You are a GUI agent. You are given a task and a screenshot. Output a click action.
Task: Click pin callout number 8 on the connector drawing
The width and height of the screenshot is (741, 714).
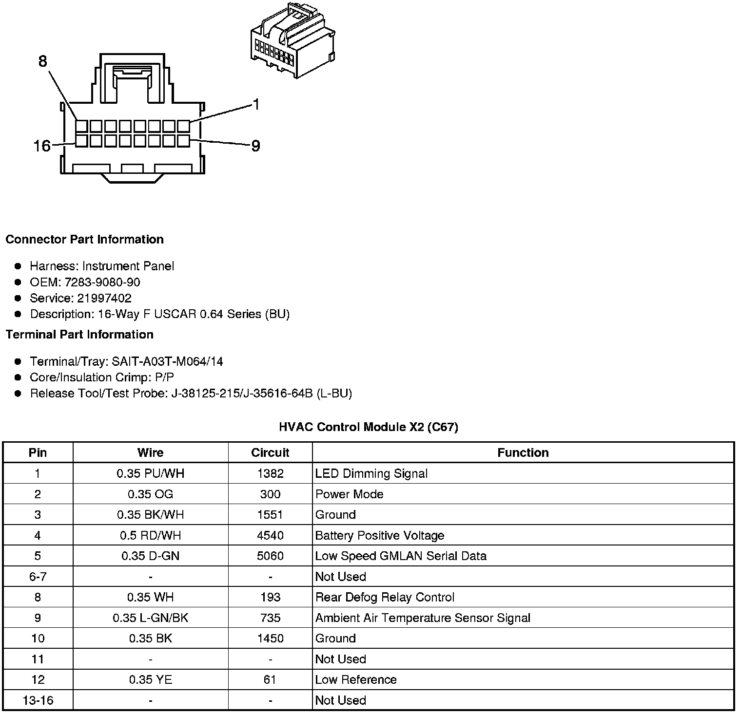tap(42, 61)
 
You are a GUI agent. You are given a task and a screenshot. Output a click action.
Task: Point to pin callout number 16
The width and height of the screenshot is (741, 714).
tap(42, 146)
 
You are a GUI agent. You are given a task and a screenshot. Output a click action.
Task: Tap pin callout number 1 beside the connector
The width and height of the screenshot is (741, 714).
tap(256, 105)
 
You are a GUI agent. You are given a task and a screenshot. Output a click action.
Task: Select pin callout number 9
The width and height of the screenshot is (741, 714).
tap(255, 146)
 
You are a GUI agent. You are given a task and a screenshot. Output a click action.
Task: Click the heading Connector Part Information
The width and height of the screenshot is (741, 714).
tap(84, 239)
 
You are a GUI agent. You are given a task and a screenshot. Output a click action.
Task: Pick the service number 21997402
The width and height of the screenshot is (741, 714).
tap(104, 298)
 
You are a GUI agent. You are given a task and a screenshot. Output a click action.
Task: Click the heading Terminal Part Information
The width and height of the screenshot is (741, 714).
tap(79, 335)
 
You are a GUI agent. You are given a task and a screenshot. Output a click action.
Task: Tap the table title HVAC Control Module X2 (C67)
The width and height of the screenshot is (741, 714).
tap(368, 427)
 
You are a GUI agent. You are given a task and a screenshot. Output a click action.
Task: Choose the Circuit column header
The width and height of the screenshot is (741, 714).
tap(270, 452)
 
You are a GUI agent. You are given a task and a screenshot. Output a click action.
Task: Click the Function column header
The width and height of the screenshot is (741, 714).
tap(523, 452)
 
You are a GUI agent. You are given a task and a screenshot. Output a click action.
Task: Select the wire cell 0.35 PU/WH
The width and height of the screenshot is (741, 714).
tap(150, 473)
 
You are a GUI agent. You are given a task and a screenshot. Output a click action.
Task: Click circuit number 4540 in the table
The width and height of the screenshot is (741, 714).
tap(270, 535)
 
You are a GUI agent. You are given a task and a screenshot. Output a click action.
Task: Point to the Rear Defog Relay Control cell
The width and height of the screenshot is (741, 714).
tap(385, 597)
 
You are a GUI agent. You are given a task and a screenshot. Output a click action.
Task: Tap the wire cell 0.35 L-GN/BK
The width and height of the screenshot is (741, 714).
tap(150, 618)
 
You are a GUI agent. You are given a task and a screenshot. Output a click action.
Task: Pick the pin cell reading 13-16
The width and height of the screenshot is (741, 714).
tap(38, 700)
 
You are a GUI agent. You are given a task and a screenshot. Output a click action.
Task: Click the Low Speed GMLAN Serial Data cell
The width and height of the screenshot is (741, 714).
tap(401, 556)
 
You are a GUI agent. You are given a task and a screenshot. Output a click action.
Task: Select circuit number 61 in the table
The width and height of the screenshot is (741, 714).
tap(270, 679)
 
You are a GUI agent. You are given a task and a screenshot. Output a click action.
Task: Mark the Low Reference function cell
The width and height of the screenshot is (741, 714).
tap(356, 679)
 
